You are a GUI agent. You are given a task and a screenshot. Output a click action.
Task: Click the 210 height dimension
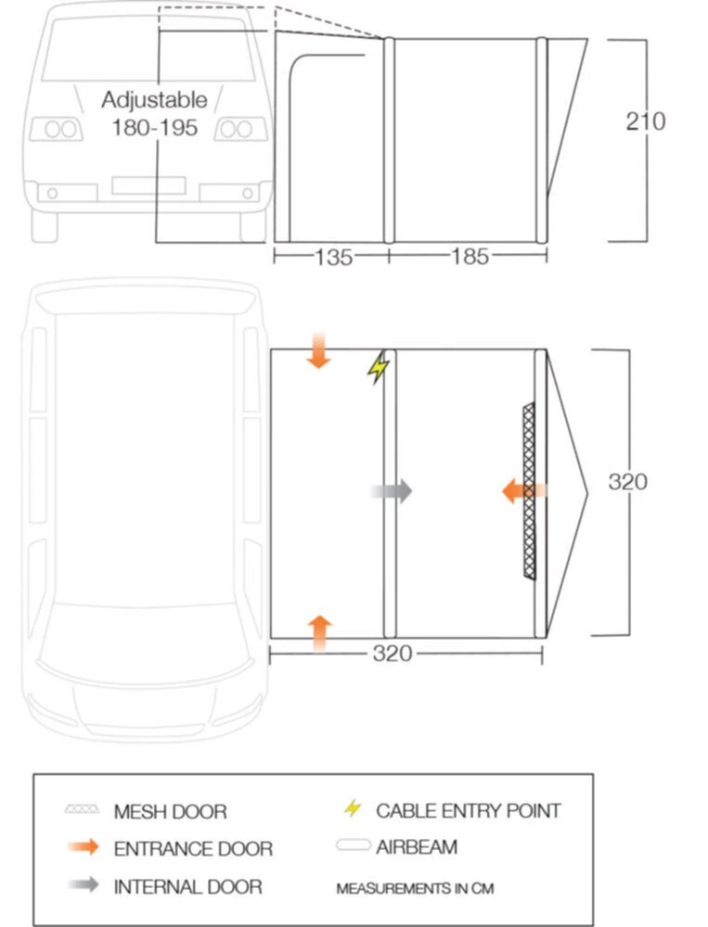(645, 121)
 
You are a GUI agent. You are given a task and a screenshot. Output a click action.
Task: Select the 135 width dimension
(333, 257)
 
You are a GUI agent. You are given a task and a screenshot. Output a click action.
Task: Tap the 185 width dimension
(469, 257)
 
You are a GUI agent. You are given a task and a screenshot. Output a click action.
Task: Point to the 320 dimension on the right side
(627, 482)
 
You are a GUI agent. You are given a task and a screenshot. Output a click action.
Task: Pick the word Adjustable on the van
(155, 100)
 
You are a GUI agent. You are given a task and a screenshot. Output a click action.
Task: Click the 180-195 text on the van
(155, 128)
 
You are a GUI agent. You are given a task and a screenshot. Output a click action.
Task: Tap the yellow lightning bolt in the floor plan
(378, 368)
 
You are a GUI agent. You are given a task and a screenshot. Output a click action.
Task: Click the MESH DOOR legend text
(170, 812)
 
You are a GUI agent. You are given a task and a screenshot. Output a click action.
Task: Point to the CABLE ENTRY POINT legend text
(469, 811)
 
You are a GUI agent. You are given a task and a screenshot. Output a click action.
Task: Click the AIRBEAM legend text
(417, 846)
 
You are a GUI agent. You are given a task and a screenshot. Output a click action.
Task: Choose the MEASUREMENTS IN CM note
(415, 888)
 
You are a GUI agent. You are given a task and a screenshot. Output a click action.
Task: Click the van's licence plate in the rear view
(148, 185)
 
